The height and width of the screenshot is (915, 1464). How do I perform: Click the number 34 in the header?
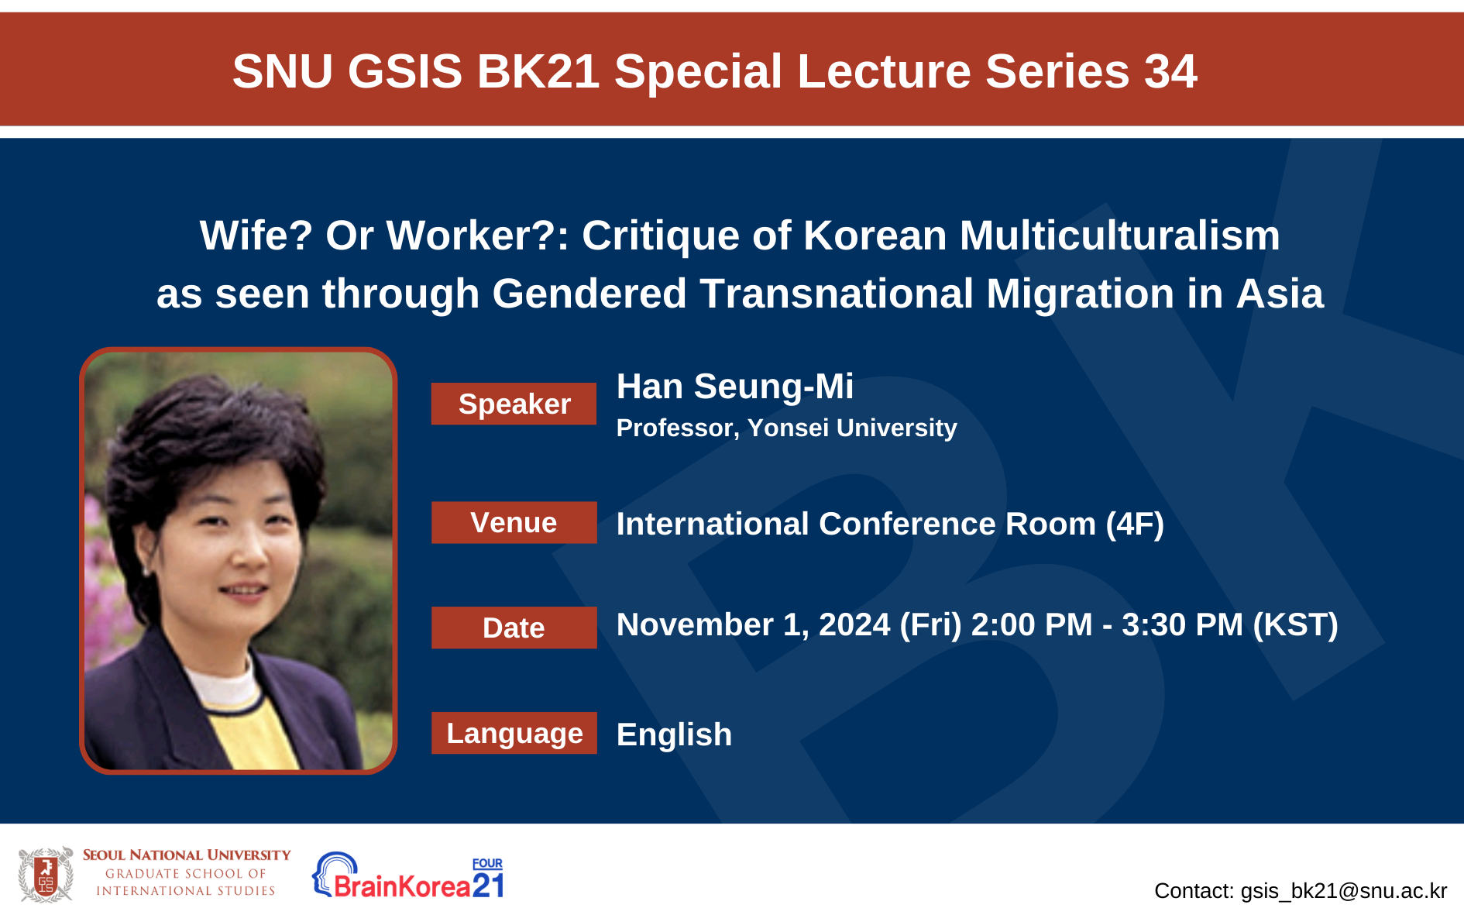(1170, 71)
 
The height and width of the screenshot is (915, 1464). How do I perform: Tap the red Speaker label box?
(514, 404)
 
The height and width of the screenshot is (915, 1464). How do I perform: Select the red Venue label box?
(514, 522)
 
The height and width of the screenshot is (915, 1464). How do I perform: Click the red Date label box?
(514, 628)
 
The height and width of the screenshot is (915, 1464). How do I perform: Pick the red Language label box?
(514, 733)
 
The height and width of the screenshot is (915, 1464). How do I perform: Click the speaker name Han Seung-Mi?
(735, 387)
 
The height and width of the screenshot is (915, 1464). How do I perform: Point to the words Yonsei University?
(852, 428)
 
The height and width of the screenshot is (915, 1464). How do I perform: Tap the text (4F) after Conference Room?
(1135, 525)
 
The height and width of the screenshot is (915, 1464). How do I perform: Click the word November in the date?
(695, 624)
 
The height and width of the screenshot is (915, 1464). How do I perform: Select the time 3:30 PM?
(1182, 624)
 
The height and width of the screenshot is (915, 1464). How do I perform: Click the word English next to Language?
(674, 734)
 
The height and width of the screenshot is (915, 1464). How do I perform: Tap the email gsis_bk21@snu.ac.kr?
(1344, 891)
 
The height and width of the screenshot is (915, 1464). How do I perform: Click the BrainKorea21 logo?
(408, 876)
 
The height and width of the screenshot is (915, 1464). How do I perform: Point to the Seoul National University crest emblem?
(46, 875)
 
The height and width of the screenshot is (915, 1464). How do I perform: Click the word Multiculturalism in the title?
(1119, 236)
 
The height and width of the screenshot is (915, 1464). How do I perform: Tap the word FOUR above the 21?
(487, 863)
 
